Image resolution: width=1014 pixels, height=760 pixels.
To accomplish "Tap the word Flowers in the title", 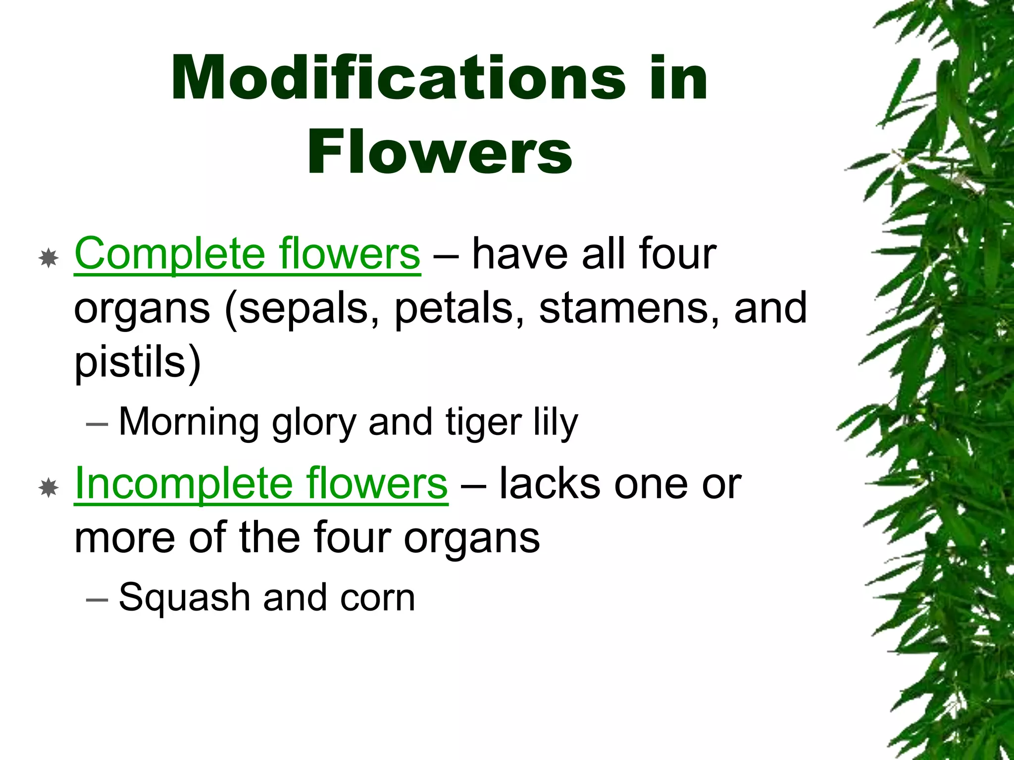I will click(440, 151).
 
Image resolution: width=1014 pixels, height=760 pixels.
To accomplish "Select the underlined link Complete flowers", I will click(247, 253).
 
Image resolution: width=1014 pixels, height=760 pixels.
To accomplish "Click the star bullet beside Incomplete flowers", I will click(49, 488).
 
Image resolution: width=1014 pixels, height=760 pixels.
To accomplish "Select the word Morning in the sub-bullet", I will click(189, 422).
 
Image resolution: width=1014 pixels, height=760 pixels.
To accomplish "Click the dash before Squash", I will click(97, 599).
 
